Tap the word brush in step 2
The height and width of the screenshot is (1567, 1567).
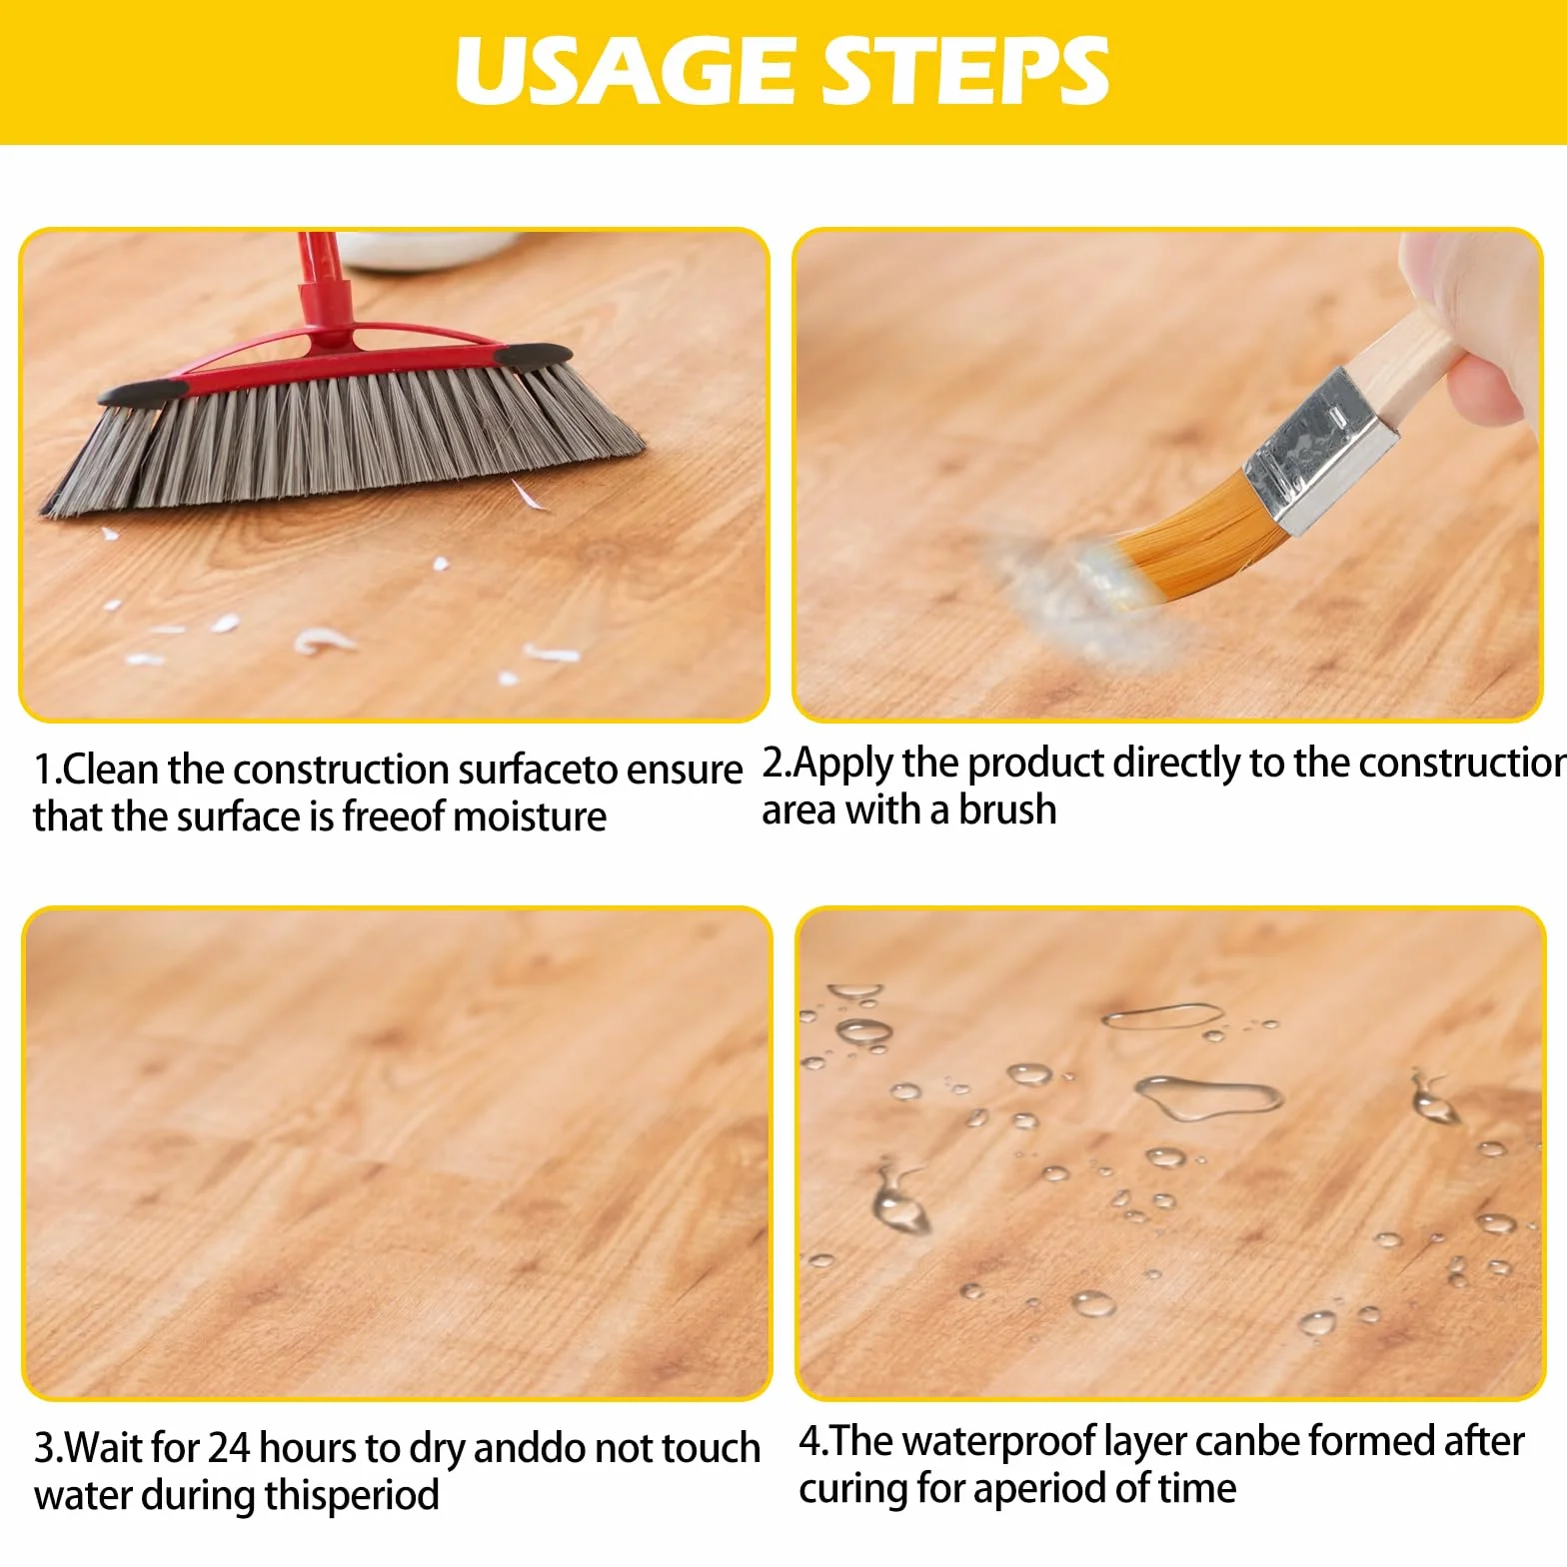[1007, 810]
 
